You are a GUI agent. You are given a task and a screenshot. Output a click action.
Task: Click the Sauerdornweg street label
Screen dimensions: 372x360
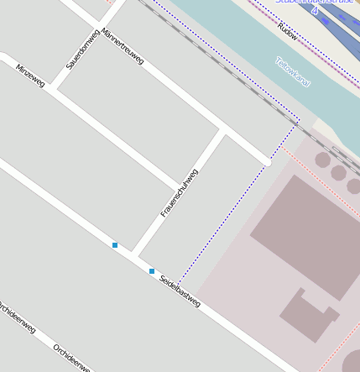[x=82, y=48]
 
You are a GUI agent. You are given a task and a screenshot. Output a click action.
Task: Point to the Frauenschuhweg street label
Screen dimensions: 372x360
[x=180, y=193]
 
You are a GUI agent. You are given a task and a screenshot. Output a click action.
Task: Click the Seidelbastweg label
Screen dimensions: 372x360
[x=180, y=290]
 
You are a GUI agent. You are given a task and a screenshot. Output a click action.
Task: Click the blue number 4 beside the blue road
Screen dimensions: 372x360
[x=314, y=10]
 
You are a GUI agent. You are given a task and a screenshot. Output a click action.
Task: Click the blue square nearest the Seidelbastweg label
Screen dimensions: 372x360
[x=152, y=271]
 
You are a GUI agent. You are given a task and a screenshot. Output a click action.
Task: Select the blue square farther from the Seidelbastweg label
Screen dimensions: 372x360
[x=115, y=245]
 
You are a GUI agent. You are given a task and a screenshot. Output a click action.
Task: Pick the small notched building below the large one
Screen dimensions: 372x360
[x=308, y=314]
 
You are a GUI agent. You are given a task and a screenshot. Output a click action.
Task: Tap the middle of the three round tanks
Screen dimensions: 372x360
[x=338, y=173]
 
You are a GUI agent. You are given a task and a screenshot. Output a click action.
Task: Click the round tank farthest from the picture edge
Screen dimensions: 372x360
[x=322, y=160]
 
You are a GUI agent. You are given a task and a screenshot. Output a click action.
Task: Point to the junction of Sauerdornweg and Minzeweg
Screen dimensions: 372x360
[x=53, y=86]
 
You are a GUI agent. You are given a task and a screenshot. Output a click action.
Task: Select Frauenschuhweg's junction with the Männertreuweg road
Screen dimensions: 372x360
[x=222, y=130]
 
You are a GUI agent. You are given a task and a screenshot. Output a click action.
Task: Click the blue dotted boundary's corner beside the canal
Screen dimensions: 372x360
[x=299, y=120]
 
